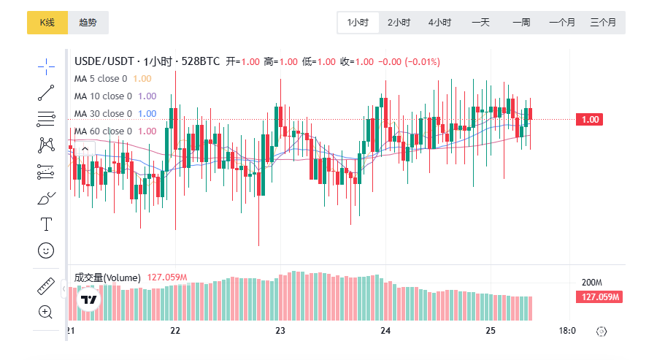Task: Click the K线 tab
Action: click(47, 23)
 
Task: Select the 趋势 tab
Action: click(88, 23)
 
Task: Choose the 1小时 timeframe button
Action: click(358, 23)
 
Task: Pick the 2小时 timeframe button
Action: click(399, 23)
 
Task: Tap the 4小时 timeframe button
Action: click(439, 23)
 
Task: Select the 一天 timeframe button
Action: click(480, 23)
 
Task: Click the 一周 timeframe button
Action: click(521, 23)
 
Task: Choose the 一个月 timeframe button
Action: click(562, 23)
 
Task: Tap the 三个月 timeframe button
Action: click(603, 23)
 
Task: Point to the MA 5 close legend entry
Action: click(101, 79)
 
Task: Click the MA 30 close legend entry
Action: click(103, 114)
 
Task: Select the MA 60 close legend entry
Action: click(103, 131)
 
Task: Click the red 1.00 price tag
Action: click(591, 120)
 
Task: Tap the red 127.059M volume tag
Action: click(599, 296)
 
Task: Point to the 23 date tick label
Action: click(280, 331)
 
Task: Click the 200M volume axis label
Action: click(591, 283)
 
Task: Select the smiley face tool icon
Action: click(46, 250)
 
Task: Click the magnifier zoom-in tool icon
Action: click(46, 312)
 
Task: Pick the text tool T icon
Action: click(46, 223)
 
